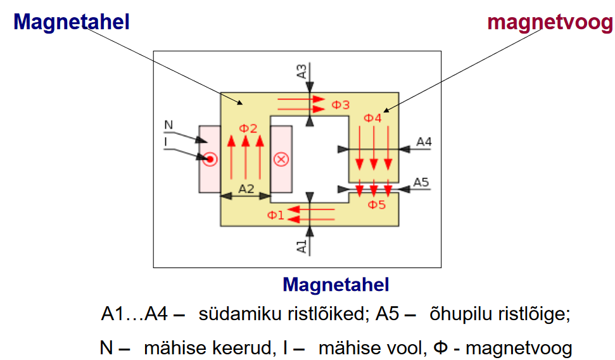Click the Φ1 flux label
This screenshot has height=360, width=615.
coord(276,215)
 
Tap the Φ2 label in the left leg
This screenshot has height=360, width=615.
coord(248,129)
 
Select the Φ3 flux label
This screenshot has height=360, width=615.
coord(341,105)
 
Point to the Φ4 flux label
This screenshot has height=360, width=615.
coord(372,118)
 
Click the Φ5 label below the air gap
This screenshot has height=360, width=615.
coord(377,205)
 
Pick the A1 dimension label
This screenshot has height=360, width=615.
coord(303,245)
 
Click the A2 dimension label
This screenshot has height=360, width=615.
coord(246,188)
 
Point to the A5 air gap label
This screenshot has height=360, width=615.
coord(421,183)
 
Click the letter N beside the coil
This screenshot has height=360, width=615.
coord(168,125)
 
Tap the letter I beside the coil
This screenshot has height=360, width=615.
coord(166,141)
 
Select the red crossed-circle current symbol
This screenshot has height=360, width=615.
coord(281,158)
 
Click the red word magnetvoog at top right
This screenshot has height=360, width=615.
coord(550,23)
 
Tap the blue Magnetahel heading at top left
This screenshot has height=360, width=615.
coord(72,22)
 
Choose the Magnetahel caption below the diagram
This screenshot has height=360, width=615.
coord(336,285)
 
